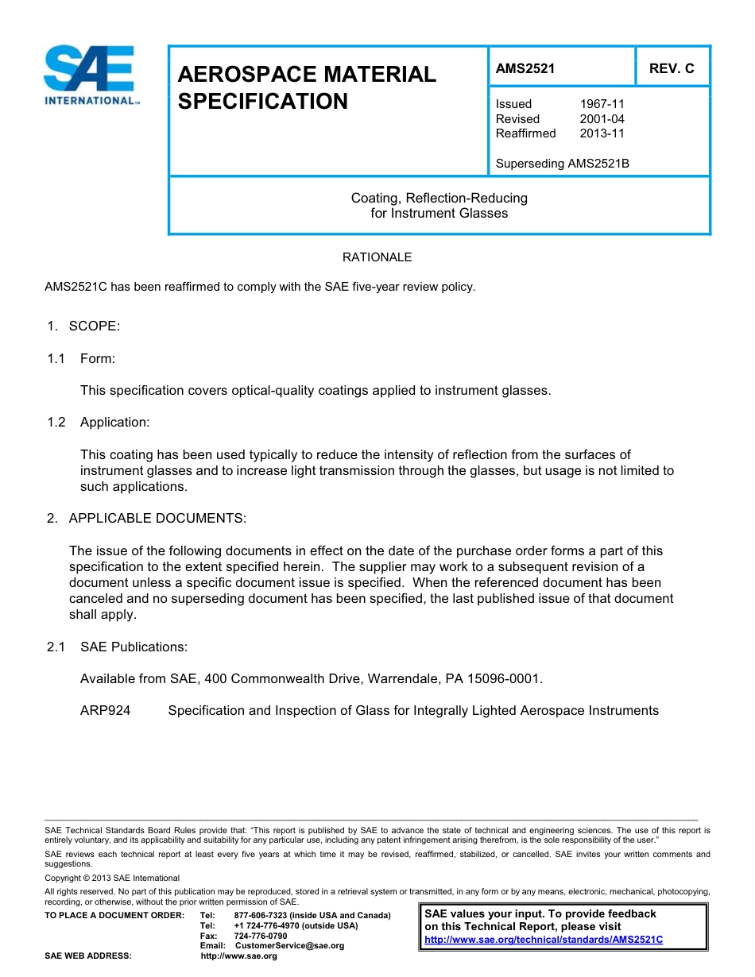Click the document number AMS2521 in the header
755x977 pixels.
[525, 68]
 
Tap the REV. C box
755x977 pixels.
[672, 68]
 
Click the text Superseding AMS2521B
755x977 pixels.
[562, 164]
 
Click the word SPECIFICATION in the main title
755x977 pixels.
[262, 102]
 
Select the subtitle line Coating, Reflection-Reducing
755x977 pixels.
[439, 198]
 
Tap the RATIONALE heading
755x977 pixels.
[377, 257]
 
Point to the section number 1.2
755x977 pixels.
[56, 423]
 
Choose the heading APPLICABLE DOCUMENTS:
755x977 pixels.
[157, 519]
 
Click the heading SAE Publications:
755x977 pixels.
[134, 647]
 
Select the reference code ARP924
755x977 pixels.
[105, 711]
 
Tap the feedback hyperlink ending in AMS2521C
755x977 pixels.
[544, 940]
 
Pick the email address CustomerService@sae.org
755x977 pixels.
[289, 946]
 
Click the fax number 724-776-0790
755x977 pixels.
[261, 936]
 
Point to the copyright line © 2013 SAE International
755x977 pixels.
[112, 878]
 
